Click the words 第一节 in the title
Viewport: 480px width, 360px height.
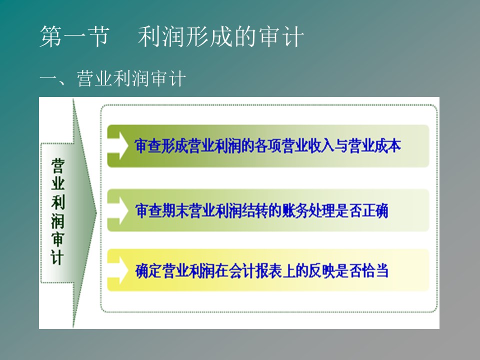pyautogui.click(x=74, y=36)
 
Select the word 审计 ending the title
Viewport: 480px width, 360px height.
pyautogui.click(x=281, y=36)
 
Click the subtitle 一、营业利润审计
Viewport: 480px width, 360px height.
pyautogui.click(x=112, y=78)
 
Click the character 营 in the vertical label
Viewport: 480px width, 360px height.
pyautogui.click(x=58, y=166)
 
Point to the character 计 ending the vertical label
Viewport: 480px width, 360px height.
pyautogui.click(x=58, y=257)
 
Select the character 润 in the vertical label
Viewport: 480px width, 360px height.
pyautogui.click(x=58, y=220)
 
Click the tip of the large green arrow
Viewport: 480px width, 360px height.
pyautogui.click(x=96, y=213)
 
